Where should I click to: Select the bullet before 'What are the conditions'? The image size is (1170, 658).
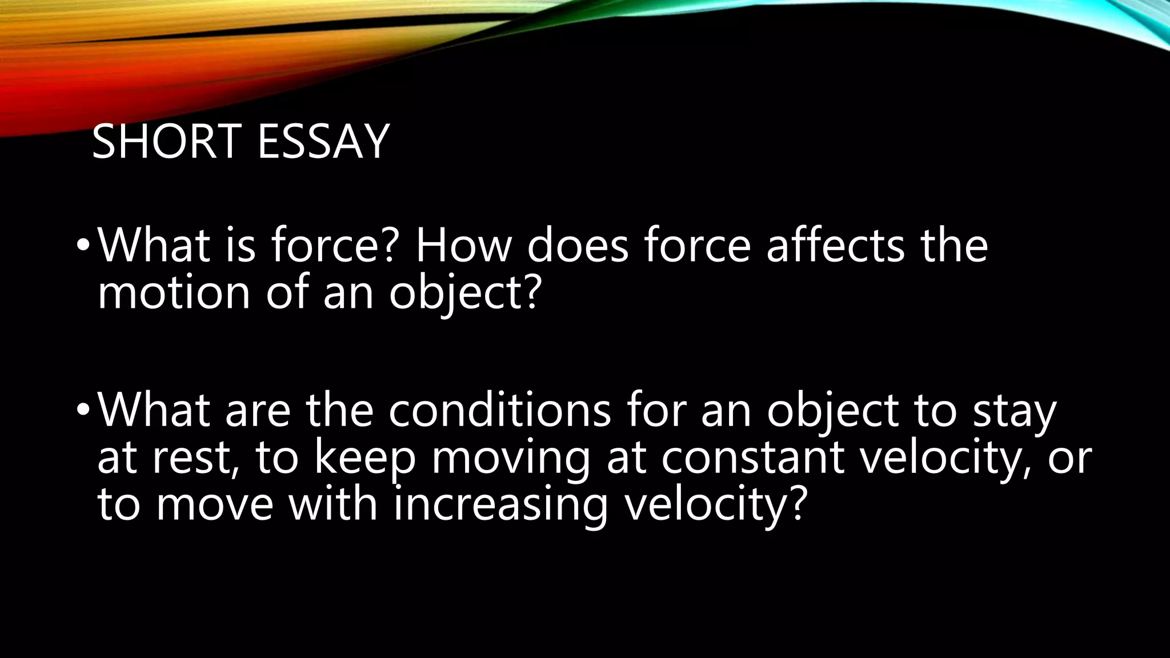point(83,410)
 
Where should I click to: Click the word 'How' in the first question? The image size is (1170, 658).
point(463,246)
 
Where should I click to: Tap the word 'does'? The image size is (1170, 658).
point(577,246)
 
